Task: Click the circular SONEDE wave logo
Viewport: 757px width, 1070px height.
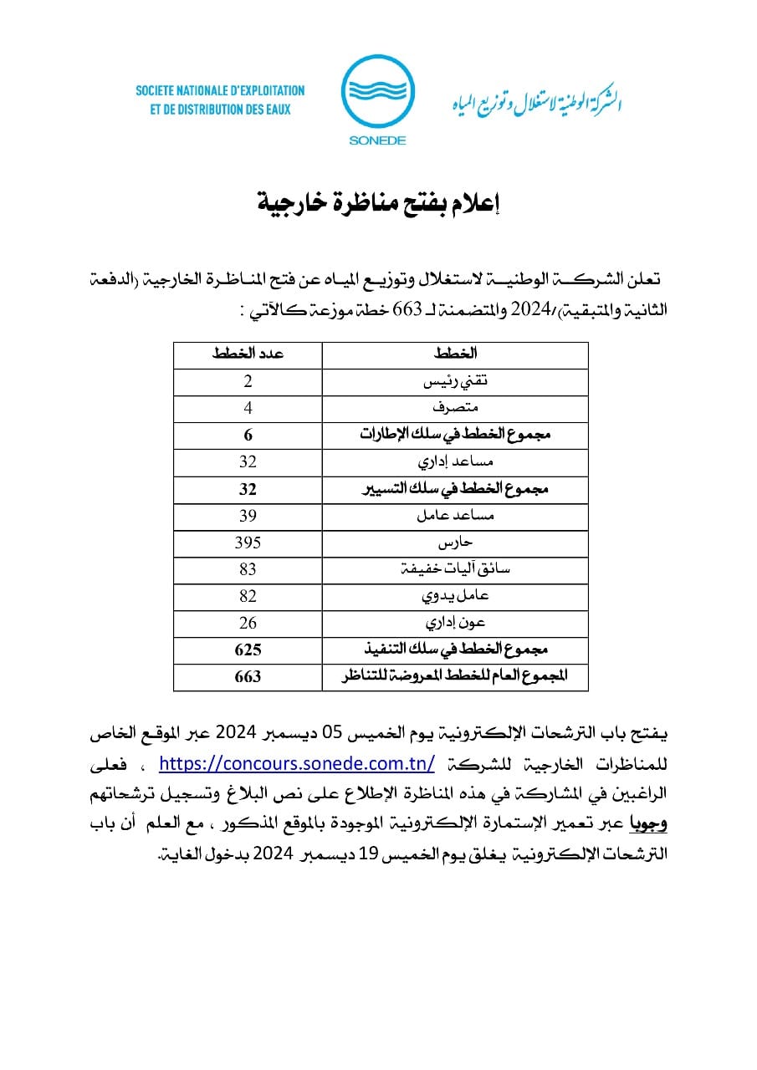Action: [x=377, y=92]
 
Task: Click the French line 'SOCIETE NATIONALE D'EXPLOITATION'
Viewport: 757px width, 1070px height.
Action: [x=220, y=90]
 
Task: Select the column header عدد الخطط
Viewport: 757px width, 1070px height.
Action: [x=248, y=354]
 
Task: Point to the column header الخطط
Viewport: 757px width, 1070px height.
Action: [x=456, y=354]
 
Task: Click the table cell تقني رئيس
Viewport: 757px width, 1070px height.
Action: [x=456, y=381]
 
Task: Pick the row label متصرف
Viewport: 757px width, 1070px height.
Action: [x=456, y=408]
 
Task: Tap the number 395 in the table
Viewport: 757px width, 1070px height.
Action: [x=248, y=543]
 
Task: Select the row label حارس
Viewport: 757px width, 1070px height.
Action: [x=456, y=543]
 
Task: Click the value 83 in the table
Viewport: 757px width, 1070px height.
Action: [x=248, y=569]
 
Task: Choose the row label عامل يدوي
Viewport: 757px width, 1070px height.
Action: [x=456, y=596]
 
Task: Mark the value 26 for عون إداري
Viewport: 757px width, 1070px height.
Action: [x=248, y=623]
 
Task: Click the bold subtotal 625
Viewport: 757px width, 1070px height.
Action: [x=248, y=650]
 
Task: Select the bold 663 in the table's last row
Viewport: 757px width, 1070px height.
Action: [x=248, y=676]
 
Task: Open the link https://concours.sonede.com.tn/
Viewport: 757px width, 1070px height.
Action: [x=297, y=763]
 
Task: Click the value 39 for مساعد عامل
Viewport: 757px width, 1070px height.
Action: [x=248, y=516]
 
